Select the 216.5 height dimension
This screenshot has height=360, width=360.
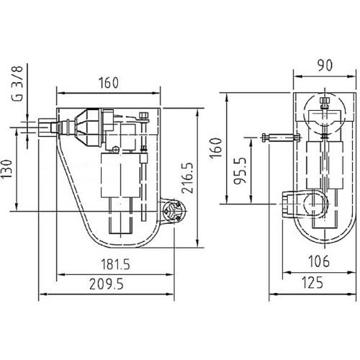[x=187, y=178]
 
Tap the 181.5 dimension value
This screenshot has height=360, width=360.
[x=115, y=264]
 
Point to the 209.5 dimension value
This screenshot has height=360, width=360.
[x=107, y=284]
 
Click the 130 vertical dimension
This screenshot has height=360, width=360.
[x=6, y=168]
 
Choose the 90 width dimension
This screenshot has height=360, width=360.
[x=325, y=66]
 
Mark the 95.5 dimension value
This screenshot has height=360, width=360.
[x=240, y=171]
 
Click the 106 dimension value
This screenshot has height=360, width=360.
[x=319, y=261]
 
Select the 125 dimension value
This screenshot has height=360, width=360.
[x=312, y=283]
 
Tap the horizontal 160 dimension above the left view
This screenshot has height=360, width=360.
[x=109, y=83]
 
